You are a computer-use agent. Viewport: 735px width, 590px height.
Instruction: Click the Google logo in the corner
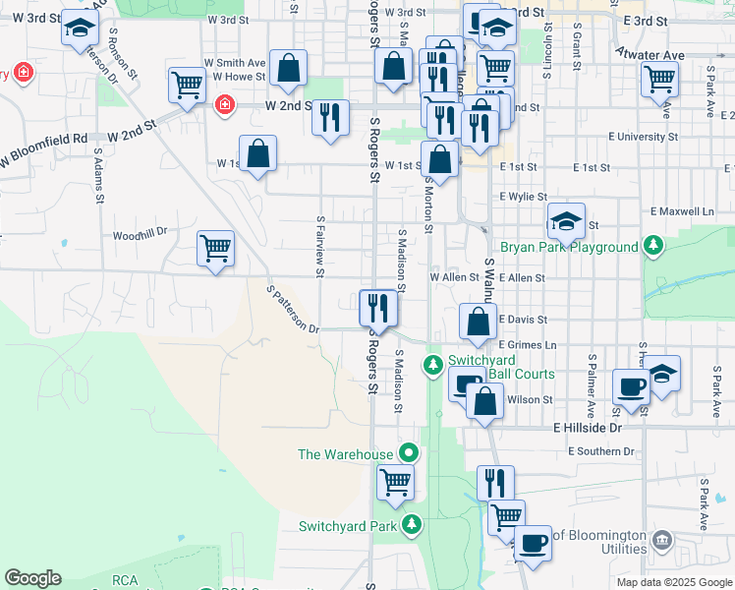point(32,578)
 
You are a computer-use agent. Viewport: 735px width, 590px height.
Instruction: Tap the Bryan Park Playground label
point(569,247)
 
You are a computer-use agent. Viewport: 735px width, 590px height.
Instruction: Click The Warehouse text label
point(346,454)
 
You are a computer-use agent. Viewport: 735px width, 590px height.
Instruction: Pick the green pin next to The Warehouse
point(410,453)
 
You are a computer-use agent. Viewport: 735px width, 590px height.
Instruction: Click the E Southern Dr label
point(602,451)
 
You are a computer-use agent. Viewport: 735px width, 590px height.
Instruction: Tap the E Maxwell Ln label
point(681,211)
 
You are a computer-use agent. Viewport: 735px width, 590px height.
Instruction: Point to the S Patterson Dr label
point(294,309)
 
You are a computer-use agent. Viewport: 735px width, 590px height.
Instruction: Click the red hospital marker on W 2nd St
point(224,103)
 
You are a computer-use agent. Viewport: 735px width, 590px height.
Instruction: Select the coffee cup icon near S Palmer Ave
point(630,384)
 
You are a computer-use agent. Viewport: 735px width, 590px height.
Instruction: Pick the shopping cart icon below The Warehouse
point(395,481)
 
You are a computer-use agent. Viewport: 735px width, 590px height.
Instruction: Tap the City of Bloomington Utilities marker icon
point(661,540)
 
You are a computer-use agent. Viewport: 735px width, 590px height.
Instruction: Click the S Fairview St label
point(320,247)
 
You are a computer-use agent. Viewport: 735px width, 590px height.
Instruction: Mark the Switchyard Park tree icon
point(411,525)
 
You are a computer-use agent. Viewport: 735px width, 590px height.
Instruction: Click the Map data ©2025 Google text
point(673,582)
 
